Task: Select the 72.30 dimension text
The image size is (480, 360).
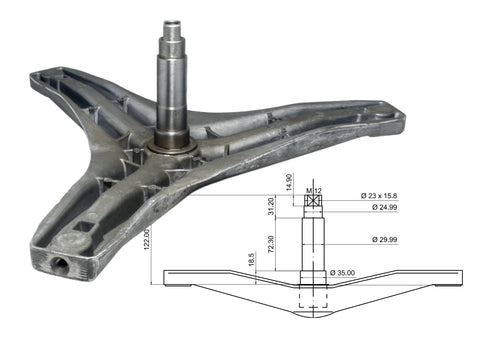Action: tap(271, 244)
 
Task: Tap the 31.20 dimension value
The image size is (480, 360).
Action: tap(271, 206)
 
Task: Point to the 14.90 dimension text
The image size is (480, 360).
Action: tap(289, 182)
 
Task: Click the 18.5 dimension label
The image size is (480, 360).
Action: tap(252, 259)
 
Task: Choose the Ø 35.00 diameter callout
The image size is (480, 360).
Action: tap(342, 273)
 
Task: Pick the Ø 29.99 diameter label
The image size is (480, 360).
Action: tap(385, 239)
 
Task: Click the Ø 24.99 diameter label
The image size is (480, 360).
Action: tap(385, 207)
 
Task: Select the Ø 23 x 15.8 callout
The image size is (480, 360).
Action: tap(379, 196)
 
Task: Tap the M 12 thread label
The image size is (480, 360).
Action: tap(314, 191)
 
